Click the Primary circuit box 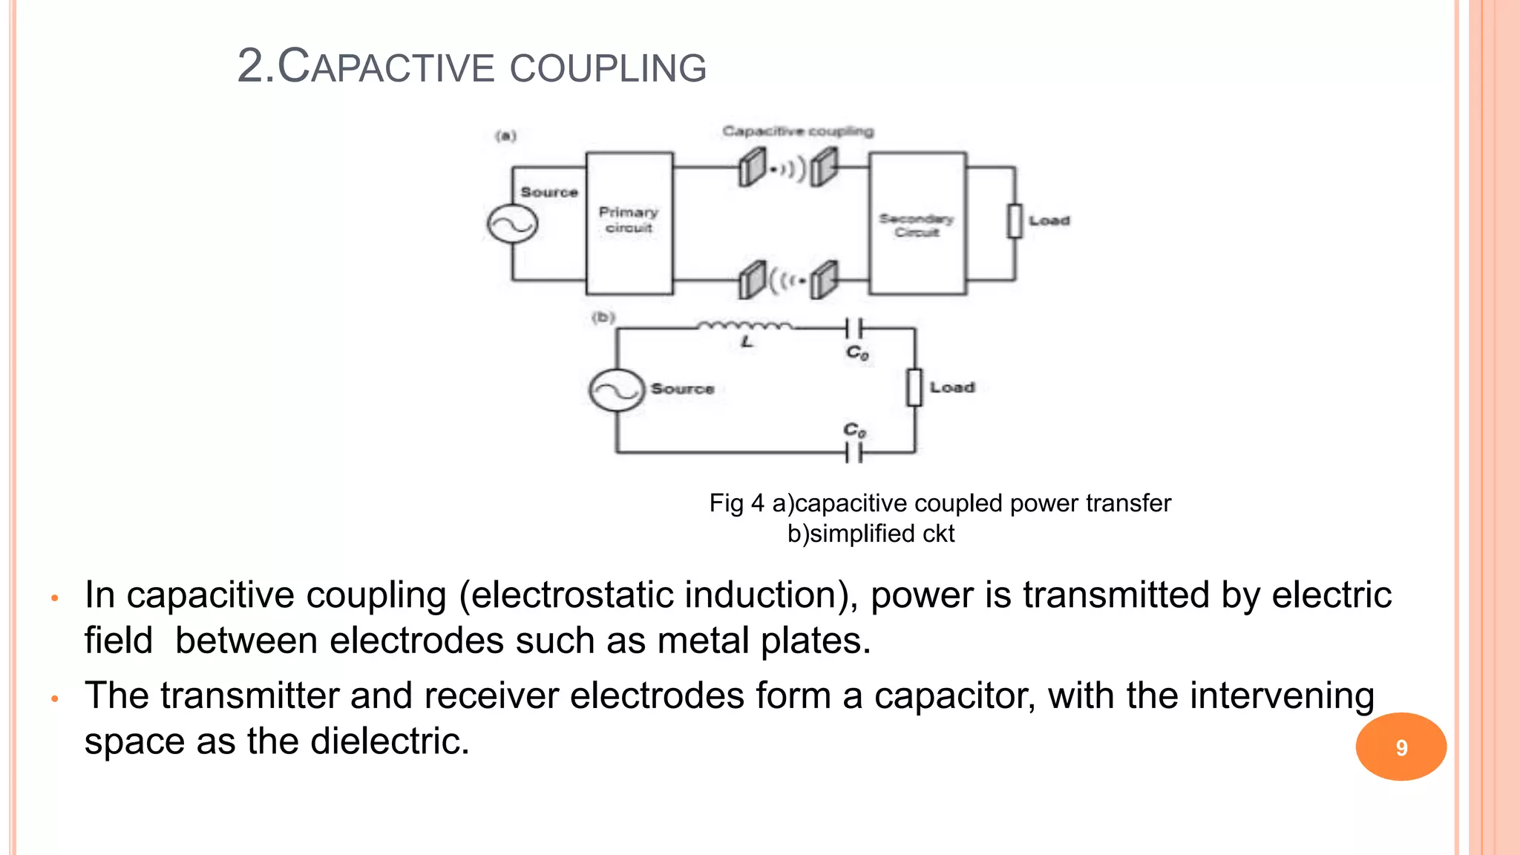coord(629,223)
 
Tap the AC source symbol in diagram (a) coord(512,223)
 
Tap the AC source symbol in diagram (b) coord(616,390)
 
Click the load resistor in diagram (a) coord(1015,221)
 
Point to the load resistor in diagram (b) coord(914,387)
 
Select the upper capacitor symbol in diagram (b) coord(854,327)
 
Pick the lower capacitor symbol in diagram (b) coord(854,451)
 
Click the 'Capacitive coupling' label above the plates coord(798,131)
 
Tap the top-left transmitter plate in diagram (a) coord(752,167)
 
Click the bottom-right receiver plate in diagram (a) coord(823,280)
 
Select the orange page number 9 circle coord(1401,747)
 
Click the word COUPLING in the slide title coord(608,68)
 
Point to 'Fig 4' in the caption coord(736,503)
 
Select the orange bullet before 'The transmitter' coord(54,698)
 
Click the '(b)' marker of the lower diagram coord(603,318)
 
